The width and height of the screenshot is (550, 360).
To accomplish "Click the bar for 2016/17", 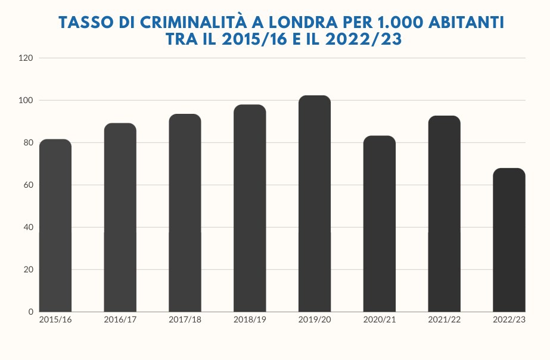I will pos(120,218).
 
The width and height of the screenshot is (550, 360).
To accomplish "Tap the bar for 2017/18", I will pos(185,213).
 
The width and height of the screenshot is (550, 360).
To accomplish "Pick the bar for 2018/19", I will pos(250,208).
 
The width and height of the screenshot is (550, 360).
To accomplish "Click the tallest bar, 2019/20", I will pos(315,203).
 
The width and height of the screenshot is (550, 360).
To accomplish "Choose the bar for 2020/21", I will pos(380,224).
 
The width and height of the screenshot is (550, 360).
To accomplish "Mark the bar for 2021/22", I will pos(445,213).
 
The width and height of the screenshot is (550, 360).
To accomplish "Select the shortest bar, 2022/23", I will pos(509,240).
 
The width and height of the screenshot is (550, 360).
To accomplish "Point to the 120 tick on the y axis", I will pos(26,58).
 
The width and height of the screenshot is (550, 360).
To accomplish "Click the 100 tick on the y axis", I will pos(26,101).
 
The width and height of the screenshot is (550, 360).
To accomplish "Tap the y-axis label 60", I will pos(28,185).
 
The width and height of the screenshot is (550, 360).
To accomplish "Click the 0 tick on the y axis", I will pos(30,312).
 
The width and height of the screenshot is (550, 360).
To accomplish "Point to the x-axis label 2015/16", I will pos(55,320).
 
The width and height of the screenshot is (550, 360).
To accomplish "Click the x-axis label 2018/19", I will pos(250,320).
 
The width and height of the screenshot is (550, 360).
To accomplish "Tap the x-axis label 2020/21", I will pos(380,320).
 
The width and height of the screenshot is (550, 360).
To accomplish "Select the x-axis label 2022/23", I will pos(509,320).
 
